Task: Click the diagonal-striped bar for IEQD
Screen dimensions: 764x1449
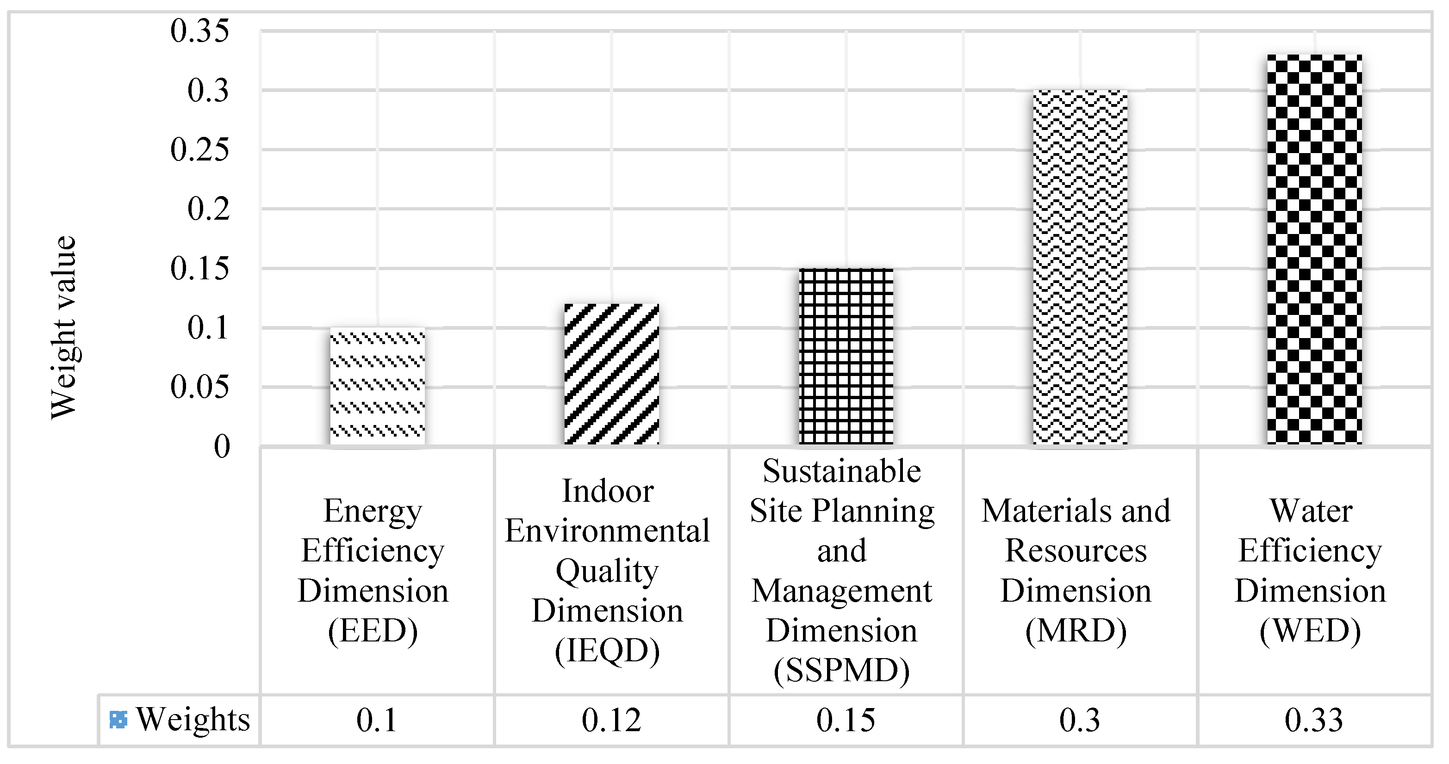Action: coord(612,375)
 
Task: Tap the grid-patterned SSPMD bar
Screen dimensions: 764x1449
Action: coord(846,357)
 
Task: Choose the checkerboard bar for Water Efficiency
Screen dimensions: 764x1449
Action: coord(1315,250)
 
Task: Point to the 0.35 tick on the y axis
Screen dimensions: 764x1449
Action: coord(200,31)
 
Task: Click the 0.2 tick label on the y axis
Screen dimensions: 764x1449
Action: coord(209,209)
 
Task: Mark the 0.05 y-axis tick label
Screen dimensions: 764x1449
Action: coord(200,388)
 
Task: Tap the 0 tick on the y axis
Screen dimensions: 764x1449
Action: coord(222,448)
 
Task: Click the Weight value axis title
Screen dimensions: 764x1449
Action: coord(63,328)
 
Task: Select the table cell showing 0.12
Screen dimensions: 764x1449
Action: coord(611,720)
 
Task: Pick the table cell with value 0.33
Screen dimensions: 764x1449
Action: coord(1314,720)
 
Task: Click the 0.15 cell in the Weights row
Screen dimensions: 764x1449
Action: coord(846,720)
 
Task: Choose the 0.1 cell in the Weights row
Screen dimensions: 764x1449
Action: coord(377,720)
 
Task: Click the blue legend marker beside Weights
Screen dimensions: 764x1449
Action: coord(118,720)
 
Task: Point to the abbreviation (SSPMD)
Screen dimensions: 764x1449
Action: coord(841,670)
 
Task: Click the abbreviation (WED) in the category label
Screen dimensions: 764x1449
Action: coord(1310,631)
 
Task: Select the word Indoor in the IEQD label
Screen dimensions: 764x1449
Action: coord(608,491)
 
